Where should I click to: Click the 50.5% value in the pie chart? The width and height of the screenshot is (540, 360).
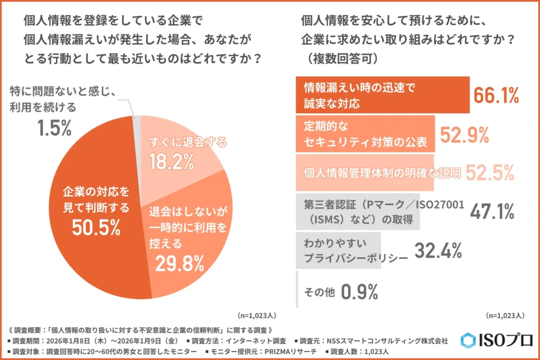pyautogui.click(x=97, y=228)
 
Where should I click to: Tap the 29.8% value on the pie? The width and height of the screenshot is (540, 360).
pyautogui.click(x=180, y=262)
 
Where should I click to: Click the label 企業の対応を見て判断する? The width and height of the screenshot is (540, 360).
pyautogui.click(x=97, y=199)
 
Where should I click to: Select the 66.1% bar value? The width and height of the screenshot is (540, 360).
pyautogui.click(x=496, y=95)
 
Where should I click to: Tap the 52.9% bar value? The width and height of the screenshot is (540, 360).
pyautogui.click(x=465, y=135)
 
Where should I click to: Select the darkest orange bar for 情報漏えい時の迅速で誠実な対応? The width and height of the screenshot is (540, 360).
pyautogui.click(x=382, y=95)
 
